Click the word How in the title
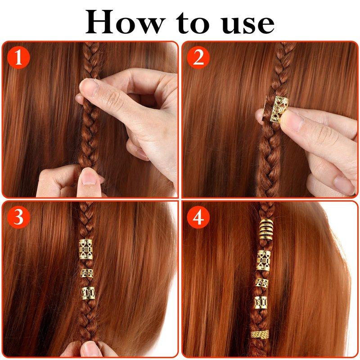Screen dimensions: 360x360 (125, 22)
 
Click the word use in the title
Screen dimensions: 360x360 (248, 24)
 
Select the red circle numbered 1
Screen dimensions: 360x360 (18, 58)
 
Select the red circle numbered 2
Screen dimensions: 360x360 (198, 58)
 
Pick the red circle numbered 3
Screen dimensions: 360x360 (18, 217)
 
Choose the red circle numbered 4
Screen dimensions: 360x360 (198, 217)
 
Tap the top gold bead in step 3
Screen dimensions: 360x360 (86, 249)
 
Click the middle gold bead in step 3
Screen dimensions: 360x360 (87, 273)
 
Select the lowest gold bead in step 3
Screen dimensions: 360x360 (88, 293)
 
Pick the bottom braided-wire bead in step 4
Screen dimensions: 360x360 (260, 334)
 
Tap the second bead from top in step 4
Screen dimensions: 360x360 (264, 261)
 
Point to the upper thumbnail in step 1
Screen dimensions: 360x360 (90, 87)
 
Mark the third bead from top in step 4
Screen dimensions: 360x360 (262, 283)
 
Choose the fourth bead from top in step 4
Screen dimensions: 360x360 (261, 302)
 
